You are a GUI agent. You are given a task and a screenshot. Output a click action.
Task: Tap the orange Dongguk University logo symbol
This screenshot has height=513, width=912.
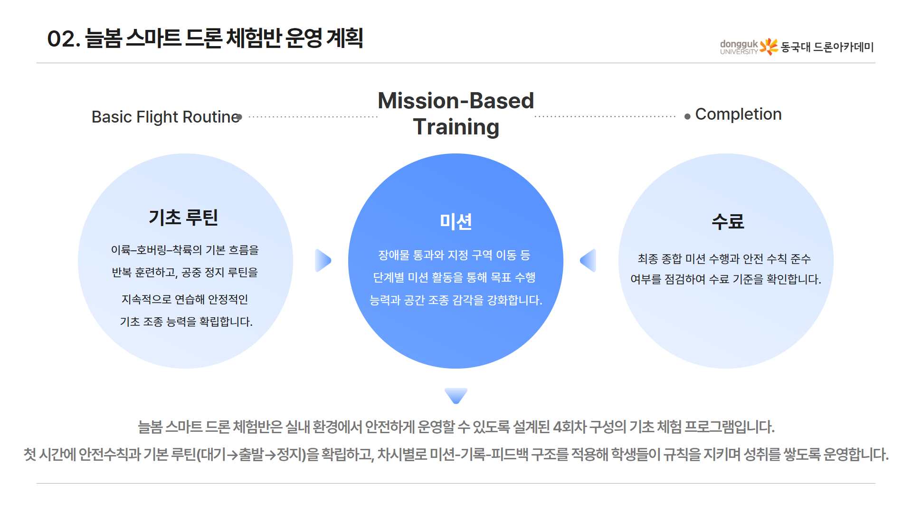tap(769, 47)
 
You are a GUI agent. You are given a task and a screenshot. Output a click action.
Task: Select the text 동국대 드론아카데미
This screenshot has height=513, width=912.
tap(827, 47)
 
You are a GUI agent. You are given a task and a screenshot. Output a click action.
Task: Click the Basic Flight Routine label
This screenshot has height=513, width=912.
tap(165, 117)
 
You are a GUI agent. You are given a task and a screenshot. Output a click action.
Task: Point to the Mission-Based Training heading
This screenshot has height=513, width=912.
tap(456, 114)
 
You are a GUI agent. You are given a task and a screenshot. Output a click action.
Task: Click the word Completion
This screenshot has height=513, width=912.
tap(738, 114)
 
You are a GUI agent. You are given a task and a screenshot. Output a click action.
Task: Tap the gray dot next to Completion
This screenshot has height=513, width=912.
tap(687, 116)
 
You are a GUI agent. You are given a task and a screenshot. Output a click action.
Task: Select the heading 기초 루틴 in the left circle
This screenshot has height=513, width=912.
tap(183, 218)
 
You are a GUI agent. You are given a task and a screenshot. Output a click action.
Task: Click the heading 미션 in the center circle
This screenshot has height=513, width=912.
tap(456, 221)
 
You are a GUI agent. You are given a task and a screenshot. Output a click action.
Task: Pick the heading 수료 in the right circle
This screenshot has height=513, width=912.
tap(727, 221)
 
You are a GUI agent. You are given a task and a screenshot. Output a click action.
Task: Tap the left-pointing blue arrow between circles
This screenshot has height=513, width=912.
tap(589, 260)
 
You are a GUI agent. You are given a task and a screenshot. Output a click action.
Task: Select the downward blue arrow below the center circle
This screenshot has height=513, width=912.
tap(456, 395)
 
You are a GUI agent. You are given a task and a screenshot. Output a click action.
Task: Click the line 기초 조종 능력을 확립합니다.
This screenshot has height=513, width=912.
tap(186, 322)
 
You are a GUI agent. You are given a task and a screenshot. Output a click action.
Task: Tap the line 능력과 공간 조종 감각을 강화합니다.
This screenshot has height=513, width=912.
tap(456, 300)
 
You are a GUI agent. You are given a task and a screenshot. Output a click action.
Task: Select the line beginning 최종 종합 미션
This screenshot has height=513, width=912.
tap(724, 259)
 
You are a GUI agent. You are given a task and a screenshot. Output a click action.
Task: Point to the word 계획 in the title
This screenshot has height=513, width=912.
tap(345, 38)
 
